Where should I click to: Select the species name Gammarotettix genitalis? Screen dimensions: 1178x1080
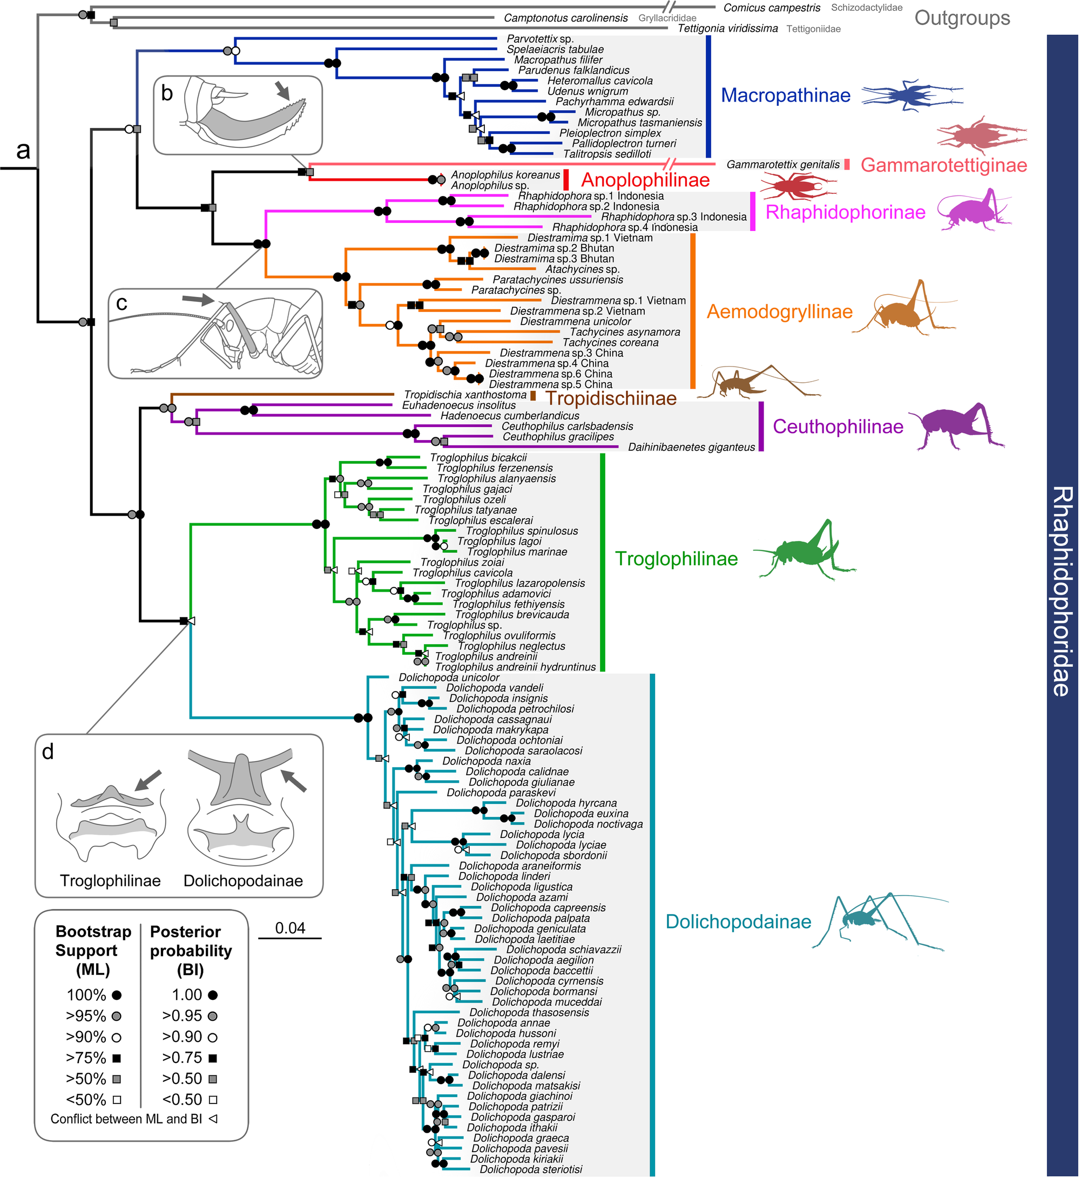pyautogui.click(x=782, y=165)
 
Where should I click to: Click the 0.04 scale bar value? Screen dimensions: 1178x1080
pyautogui.click(x=290, y=928)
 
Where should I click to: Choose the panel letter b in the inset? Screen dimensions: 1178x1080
pyautogui.click(x=166, y=93)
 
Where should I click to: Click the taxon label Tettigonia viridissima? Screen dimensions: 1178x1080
pyautogui.click(x=727, y=29)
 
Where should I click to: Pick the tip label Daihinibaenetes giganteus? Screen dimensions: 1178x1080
pyautogui.click(x=691, y=448)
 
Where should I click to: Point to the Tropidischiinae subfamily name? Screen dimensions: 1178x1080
pyautogui.click(x=610, y=398)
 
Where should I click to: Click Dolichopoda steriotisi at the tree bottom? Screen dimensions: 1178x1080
pyautogui.click(x=531, y=1169)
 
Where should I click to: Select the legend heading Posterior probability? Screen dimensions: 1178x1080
pyautogui.click(x=191, y=950)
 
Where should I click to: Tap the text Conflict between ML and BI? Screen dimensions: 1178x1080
pyautogui.click(x=126, y=1119)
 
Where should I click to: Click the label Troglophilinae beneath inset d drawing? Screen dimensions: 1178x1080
pyautogui.click(x=110, y=881)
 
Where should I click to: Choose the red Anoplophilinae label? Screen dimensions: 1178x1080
pyautogui.click(x=645, y=180)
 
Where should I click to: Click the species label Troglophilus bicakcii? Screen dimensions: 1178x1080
pyautogui.click(x=478, y=457)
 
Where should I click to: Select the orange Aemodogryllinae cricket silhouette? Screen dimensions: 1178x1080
pyautogui.click(x=903, y=313)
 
